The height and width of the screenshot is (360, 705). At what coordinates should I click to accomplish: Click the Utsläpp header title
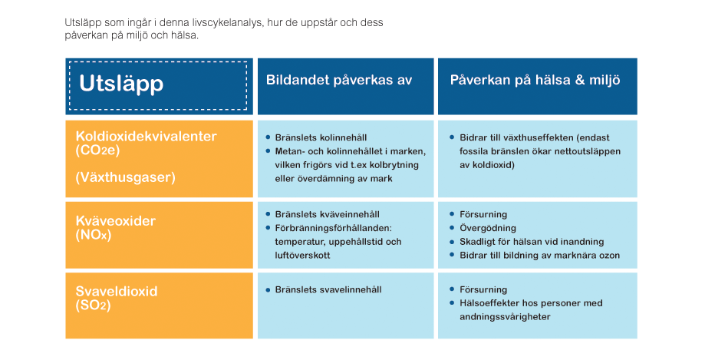[x=121, y=84]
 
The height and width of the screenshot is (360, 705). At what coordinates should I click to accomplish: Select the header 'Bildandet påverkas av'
[x=339, y=80]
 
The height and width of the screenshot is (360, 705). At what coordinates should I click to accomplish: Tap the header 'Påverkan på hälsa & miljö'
[x=535, y=80]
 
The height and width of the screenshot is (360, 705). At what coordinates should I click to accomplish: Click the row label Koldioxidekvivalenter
[x=146, y=137]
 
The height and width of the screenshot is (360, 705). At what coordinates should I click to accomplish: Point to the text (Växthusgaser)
[x=126, y=177]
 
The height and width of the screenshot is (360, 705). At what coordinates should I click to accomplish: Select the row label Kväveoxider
[x=116, y=221]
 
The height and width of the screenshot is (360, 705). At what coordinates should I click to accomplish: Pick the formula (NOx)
[x=94, y=234]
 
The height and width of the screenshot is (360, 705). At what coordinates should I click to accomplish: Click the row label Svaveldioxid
[x=117, y=291]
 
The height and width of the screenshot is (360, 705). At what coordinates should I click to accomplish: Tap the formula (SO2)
[x=93, y=305]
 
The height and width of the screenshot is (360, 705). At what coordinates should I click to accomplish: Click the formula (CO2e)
[x=98, y=150]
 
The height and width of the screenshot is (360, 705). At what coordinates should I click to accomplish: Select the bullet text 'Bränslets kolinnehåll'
[x=321, y=137]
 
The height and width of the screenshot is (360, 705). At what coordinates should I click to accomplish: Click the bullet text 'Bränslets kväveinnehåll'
[x=328, y=215]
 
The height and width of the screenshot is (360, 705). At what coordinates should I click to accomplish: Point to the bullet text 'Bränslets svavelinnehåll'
[x=328, y=290]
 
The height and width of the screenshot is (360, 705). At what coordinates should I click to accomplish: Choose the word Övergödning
[x=488, y=229]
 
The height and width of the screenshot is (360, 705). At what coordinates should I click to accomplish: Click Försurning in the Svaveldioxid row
[x=483, y=290]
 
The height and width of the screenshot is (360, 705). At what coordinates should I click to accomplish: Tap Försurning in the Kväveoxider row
[x=483, y=215]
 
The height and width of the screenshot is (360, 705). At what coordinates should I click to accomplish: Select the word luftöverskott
[x=302, y=255]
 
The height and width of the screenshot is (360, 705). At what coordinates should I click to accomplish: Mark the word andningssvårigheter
[x=505, y=317]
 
